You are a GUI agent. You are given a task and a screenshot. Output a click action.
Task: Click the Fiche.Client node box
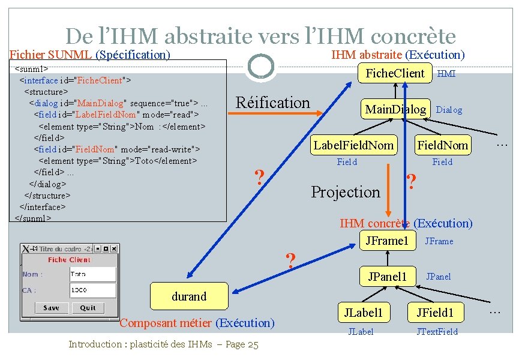pyautogui.click(x=395, y=74)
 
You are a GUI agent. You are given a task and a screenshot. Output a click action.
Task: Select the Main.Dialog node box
pyautogui.click(x=395, y=109)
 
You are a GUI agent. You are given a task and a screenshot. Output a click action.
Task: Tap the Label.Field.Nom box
pyautogui.click(x=353, y=145)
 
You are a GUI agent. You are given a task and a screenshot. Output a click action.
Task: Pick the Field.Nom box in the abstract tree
pyautogui.click(x=443, y=145)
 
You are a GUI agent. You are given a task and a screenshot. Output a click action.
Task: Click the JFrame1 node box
pyautogui.click(x=388, y=241)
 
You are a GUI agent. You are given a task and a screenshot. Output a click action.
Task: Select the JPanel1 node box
pyautogui.click(x=387, y=276)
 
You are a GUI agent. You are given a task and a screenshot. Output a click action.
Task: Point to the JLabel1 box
pyautogui.click(x=363, y=312)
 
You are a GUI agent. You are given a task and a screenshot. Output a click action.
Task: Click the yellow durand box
pyautogui.click(x=189, y=296)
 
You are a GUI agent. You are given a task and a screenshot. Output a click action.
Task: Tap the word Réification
pyautogui.click(x=273, y=103)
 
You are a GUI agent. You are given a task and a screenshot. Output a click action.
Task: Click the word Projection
pyautogui.click(x=346, y=192)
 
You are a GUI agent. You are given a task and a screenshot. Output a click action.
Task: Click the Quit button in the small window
pyautogui.click(x=88, y=308)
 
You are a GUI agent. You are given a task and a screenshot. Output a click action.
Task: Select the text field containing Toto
pyautogui.click(x=92, y=274)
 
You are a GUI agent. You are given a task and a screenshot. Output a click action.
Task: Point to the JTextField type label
pyautogui.click(x=437, y=332)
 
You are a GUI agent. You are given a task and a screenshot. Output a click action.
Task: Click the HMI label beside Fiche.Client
pyautogui.click(x=446, y=74)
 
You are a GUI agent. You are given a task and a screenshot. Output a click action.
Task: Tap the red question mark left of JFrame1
pyautogui.click(x=290, y=260)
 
